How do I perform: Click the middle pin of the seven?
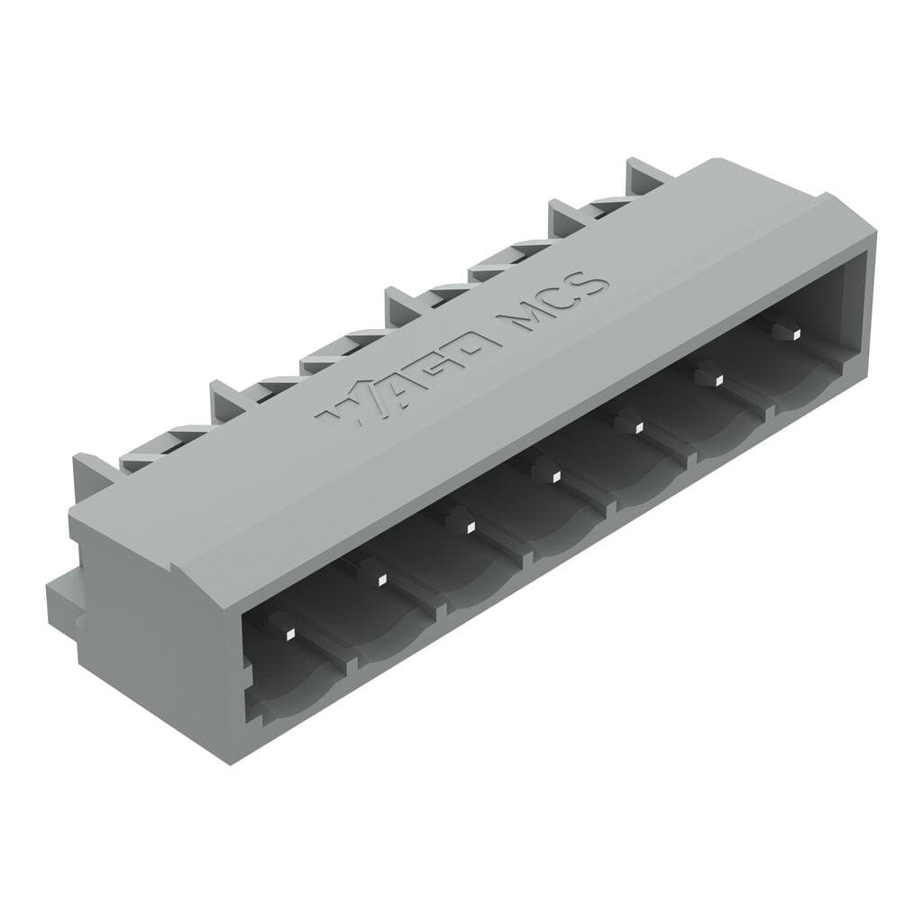pos(544,471)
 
